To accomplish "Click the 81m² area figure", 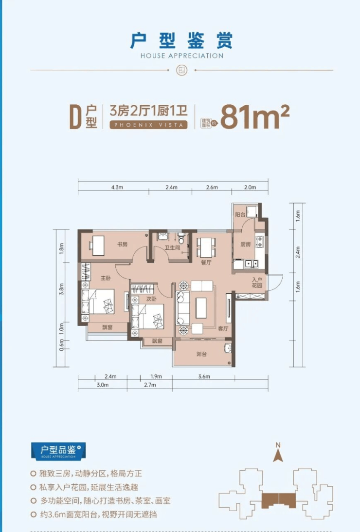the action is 255,117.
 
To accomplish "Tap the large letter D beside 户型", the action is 75,117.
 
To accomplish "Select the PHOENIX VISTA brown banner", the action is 148,125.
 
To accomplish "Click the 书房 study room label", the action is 122,244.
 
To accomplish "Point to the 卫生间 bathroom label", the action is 172,248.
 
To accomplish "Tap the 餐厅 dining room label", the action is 206,262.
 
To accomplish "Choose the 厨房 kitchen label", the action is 246,244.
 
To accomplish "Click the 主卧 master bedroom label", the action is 106,278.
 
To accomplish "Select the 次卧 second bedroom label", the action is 151,299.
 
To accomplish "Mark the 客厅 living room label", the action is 223,328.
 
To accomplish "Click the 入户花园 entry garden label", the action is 257,283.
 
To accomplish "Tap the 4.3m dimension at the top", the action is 117,187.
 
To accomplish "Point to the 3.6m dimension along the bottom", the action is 204,376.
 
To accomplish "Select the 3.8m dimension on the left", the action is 62,289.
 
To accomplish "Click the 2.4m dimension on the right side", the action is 298,252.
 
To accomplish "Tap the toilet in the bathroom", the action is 181,239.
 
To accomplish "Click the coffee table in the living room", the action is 201,308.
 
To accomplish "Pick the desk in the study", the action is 98,246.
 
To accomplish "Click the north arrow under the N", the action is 278,456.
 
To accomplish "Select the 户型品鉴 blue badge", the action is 58,451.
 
